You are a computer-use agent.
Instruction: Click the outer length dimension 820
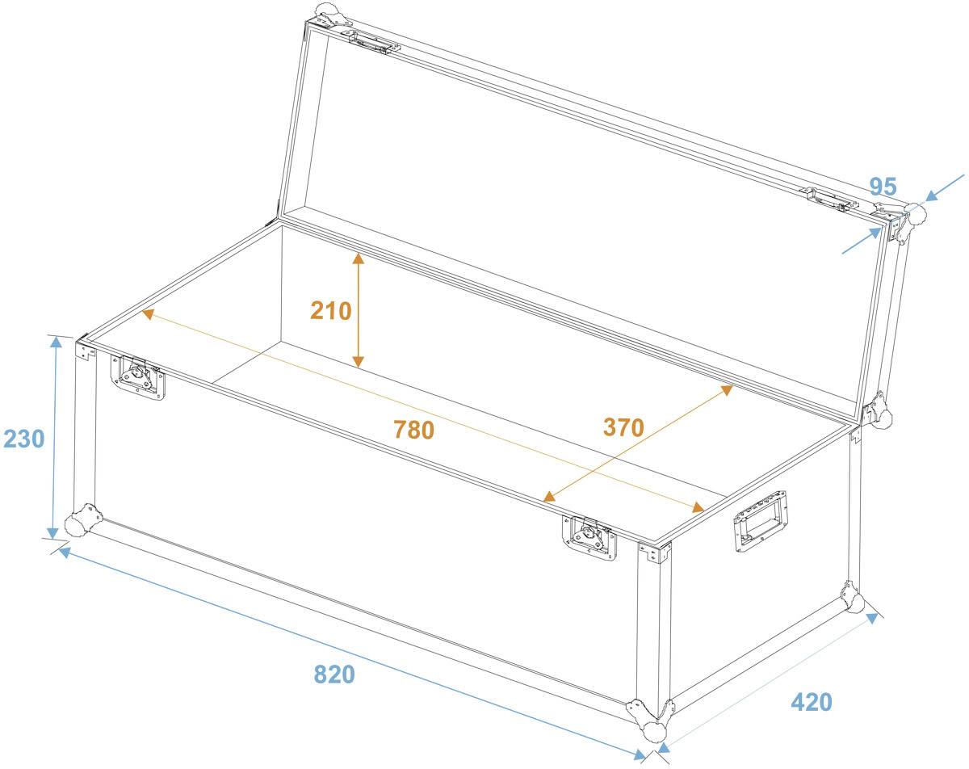[x=333, y=673]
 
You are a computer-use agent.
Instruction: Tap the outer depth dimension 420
[x=811, y=702]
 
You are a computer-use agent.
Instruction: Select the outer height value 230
[x=24, y=439]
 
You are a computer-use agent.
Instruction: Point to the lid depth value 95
[x=883, y=187]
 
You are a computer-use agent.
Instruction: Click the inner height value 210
[x=331, y=310]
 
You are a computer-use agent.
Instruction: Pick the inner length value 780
[x=413, y=430]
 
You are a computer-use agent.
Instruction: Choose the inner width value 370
[x=623, y=427]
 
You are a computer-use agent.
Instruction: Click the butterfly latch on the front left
[x=137, y=376]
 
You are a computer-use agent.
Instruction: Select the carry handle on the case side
[x=761, y=522]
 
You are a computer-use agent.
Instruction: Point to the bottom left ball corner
[x=82, y=521]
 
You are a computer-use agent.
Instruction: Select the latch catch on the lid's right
[x=827, y=198]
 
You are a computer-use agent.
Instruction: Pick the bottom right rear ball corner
[x=853, y=599]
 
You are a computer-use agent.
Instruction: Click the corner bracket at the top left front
[x=83, y=350]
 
